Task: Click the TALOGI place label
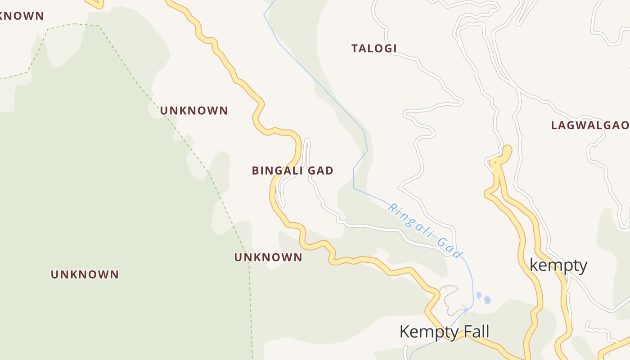(x=374, y=49)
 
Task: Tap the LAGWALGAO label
(x=590, y=126)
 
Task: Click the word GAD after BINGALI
(x=320, y=171)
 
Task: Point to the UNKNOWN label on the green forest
(x=85, y=274)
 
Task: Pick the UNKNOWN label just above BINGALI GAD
(x=194, y=111)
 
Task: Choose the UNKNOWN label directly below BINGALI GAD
(x=268, y=257)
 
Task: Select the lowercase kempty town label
(x=558, y=265)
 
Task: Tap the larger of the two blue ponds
(x=487, y=300)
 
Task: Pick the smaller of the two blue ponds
(x=479, y=295)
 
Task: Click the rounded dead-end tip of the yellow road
(x=507, y=150)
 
